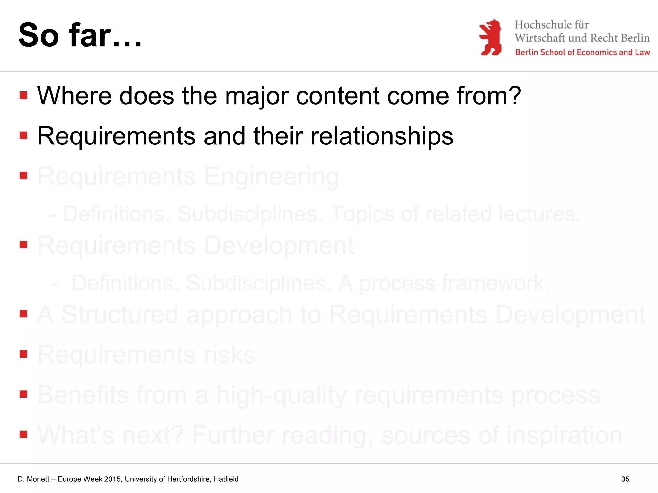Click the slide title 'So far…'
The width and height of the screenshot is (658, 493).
80,35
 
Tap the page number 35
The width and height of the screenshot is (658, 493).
625,479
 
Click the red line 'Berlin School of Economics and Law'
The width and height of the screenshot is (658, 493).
582,52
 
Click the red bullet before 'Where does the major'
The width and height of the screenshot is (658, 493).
23,95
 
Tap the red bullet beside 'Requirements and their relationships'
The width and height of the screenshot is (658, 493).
23,135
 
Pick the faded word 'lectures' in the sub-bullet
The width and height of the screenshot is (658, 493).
536,214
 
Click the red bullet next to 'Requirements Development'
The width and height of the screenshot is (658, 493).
23,245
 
